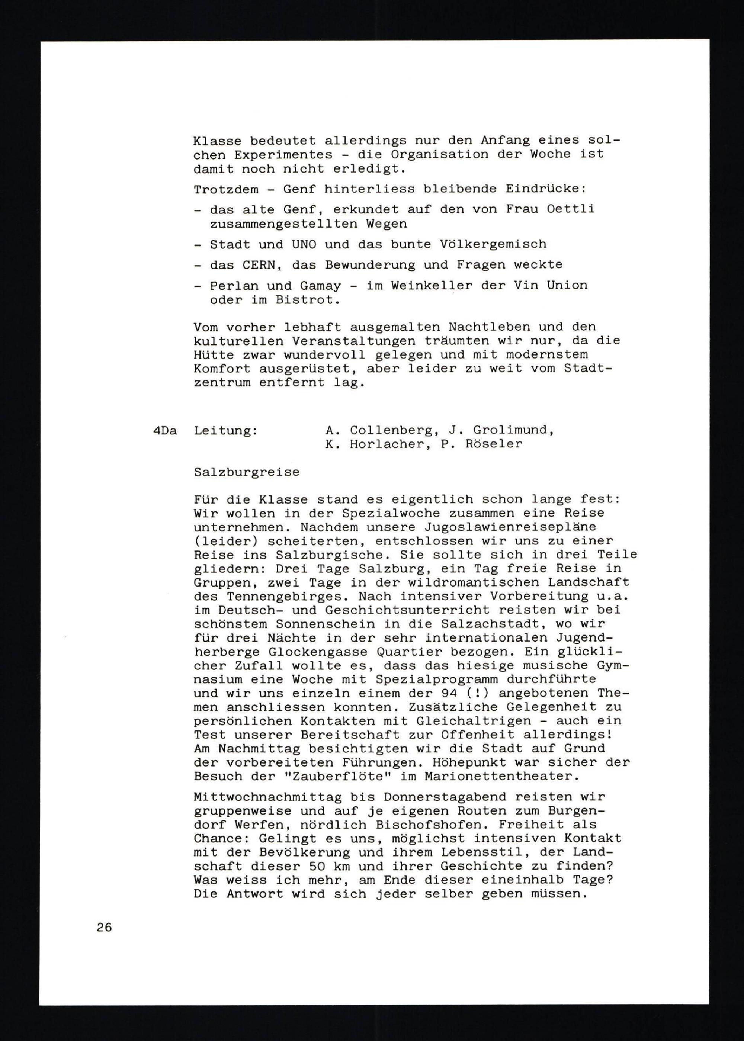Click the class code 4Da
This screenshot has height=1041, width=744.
point(165,431)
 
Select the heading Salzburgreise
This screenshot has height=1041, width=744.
point(247,472)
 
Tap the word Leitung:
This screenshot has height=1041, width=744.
point(225,431)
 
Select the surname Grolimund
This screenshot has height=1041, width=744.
point(513,431)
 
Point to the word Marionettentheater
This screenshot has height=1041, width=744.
point(499,776)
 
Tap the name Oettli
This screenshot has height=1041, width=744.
point(570,209)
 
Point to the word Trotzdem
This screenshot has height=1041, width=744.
point(226,189)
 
